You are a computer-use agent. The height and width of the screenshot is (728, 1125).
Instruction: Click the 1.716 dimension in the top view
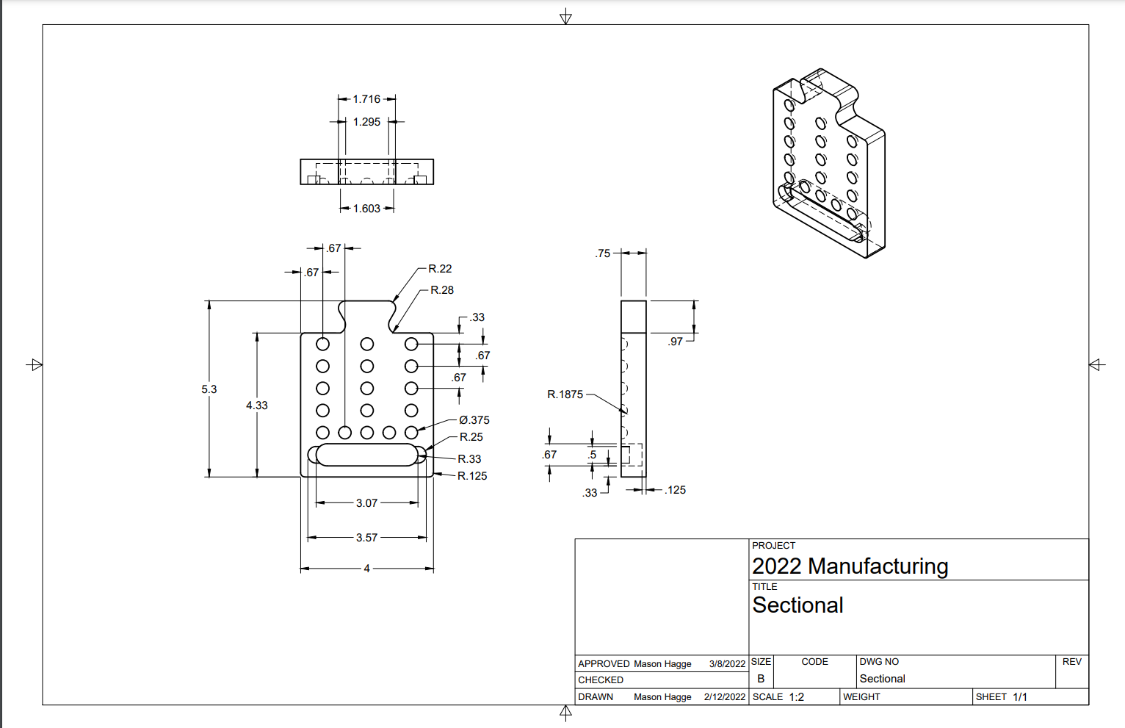[366, 99]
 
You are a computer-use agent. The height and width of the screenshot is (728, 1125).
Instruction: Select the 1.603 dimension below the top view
[366, 209]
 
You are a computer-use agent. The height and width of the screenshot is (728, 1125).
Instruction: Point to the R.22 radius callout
[440, 269]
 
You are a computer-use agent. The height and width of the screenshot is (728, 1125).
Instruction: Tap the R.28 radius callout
[441, 290]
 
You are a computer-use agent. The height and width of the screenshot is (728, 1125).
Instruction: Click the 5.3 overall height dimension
[209, 389]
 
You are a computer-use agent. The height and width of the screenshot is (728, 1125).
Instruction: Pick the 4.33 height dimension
[257, 406]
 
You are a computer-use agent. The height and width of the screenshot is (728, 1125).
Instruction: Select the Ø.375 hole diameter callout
[474, 420]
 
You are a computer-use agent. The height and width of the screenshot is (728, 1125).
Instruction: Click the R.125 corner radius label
[472, 476]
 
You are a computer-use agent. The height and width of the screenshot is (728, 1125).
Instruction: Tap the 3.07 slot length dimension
[366, 503]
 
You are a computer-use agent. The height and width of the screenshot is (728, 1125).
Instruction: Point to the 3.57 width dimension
[366, 538]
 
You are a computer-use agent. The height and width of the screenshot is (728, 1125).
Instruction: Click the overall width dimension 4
[366, 569]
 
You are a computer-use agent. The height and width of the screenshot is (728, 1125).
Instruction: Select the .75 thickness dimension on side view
[603, 253]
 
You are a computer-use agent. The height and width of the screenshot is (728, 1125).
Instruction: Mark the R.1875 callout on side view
[565, 394]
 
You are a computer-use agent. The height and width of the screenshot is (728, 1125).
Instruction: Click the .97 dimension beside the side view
[676, 342]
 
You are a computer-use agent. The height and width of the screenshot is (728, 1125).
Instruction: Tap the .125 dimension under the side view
[676, 490]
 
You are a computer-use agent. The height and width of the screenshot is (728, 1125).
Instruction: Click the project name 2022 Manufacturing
[850, 566]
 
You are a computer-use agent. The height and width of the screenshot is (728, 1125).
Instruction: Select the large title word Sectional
[797, 605]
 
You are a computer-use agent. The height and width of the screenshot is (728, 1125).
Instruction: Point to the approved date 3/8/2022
[727, 664]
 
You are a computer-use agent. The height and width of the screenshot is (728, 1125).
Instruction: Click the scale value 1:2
[797, 697]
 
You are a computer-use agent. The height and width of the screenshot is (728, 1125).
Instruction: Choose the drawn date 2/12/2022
[724, 697]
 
